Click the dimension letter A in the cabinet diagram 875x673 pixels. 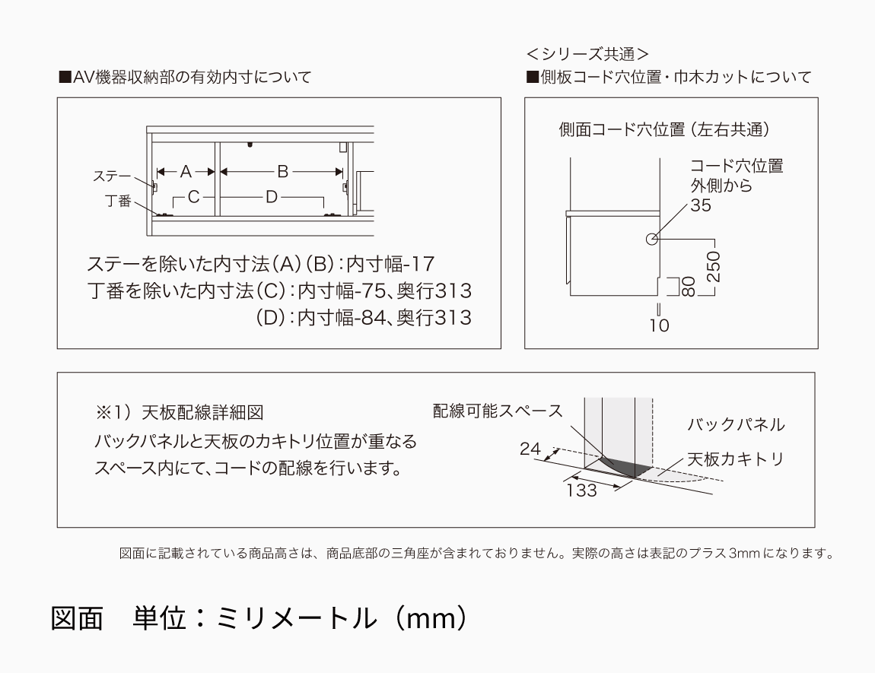[186, 172]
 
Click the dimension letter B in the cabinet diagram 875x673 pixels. [282, 172]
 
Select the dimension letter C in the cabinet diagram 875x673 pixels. [193, 197]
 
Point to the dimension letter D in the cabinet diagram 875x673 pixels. [272, 197]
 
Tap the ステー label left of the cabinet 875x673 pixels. [111, 176]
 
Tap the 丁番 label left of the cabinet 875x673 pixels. [118, 202]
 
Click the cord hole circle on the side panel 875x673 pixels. [651, 240]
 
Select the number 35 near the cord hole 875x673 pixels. [702, 205]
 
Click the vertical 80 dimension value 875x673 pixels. [689, 287]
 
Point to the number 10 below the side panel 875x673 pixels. [660, 325]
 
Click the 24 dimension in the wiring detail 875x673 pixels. [530, 449]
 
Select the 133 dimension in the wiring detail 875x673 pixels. [582, 490]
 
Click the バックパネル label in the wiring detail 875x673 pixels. [736, 424]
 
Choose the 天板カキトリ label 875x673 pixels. [735, 459]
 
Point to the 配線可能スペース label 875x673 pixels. [498, 411]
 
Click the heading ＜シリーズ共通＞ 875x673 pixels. [587, 54]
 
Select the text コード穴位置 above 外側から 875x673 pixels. [736, 166]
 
